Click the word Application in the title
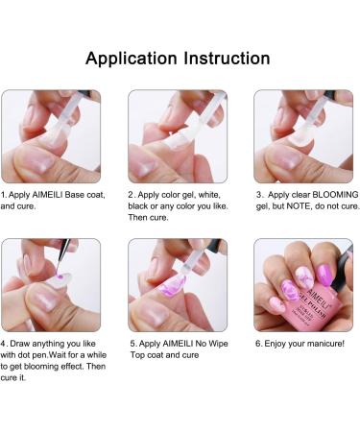132,59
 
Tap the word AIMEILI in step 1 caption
47,195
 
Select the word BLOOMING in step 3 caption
335,195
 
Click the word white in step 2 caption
209,195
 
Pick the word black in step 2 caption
138,206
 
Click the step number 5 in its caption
132,344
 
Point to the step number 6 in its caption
258,344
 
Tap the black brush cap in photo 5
215,246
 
